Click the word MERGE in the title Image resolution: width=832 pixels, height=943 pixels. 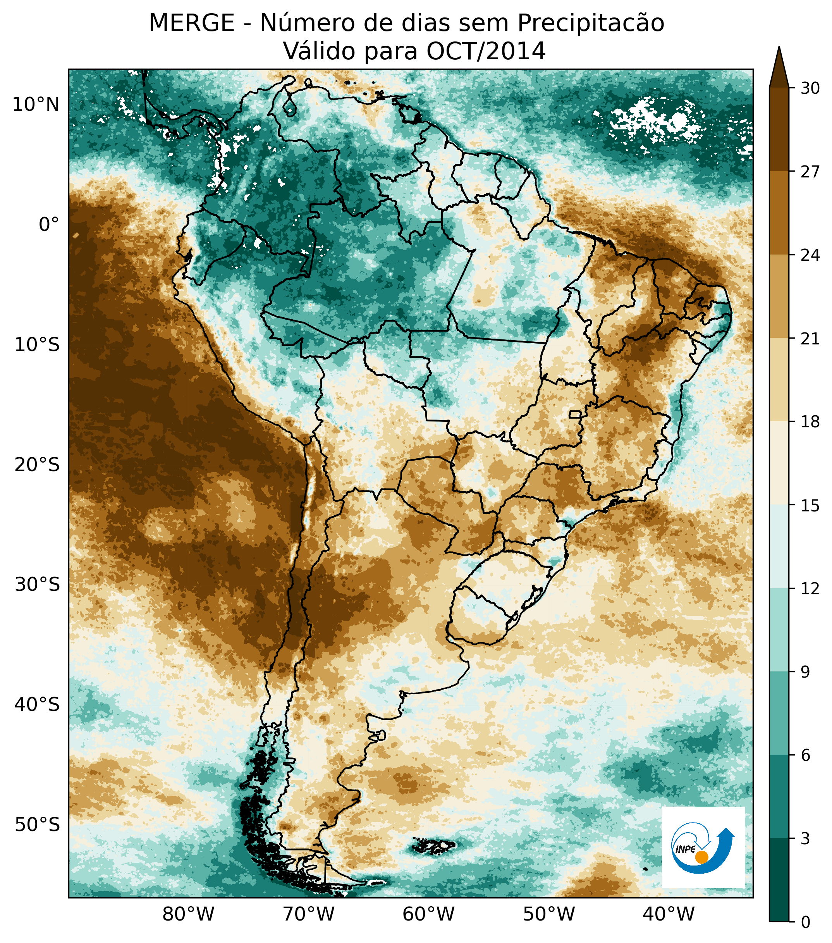[191, 23]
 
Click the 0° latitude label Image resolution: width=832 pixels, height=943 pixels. [49, 225]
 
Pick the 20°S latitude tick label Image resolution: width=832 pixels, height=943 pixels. [37, 465]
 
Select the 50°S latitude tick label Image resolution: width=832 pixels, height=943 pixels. [37, 824]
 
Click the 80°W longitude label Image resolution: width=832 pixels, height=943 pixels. [189, 914]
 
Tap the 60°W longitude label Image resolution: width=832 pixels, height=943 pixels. [428, 914]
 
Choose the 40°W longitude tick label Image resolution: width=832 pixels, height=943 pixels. [668, 914]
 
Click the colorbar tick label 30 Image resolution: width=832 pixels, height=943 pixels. [810, 88]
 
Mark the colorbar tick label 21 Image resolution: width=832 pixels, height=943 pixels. [810, 339]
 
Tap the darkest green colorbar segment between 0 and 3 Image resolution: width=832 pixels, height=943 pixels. [779, 892]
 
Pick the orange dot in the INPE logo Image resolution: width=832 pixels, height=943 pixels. [701, 857]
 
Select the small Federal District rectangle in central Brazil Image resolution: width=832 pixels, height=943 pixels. [575, 414]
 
